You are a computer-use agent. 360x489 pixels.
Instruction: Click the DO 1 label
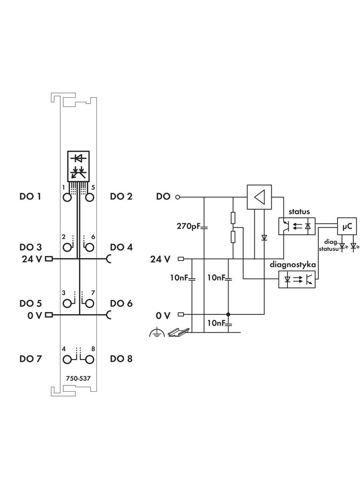click(x=30, y=196)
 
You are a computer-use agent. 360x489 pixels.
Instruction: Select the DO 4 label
click(x=121, y=247)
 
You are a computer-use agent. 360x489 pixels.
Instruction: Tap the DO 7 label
click(x=30, y=359)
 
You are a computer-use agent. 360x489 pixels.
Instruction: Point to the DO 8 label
click(x=121, y=359)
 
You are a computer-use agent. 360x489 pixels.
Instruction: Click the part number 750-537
click(x=78, y=379)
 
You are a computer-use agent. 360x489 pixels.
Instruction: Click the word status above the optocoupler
click(x=299, y=212)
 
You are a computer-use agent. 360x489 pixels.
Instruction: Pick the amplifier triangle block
click(x=259, y=197)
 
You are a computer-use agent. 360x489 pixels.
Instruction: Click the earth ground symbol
click(x=157, y=333)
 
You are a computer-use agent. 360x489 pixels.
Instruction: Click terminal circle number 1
click(x=68, y=198)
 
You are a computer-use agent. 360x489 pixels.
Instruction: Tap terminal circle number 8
click(x=89, y=359)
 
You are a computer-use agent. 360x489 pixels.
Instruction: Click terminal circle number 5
click(x=89, y=198)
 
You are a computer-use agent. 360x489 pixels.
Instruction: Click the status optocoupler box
click(x=297, y=226)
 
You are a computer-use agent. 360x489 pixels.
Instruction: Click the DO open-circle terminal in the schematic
click(x=178, y=198)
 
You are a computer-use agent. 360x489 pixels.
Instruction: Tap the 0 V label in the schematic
click(x=163, y=315)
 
